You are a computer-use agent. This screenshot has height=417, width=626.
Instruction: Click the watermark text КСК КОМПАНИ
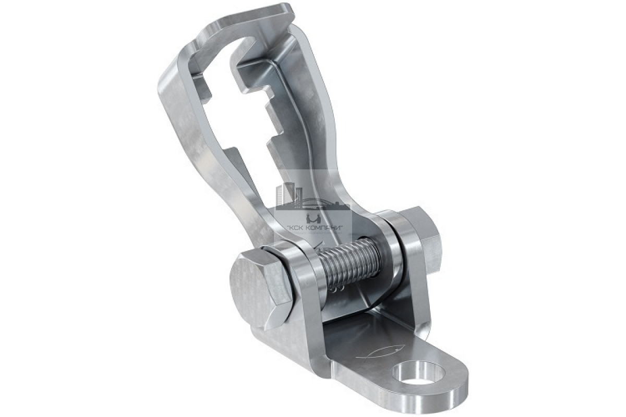(x=315, y=228)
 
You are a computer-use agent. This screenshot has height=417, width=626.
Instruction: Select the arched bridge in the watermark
(x=321, y=202)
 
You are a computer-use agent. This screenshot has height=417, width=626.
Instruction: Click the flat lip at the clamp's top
(x=246, y=21)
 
